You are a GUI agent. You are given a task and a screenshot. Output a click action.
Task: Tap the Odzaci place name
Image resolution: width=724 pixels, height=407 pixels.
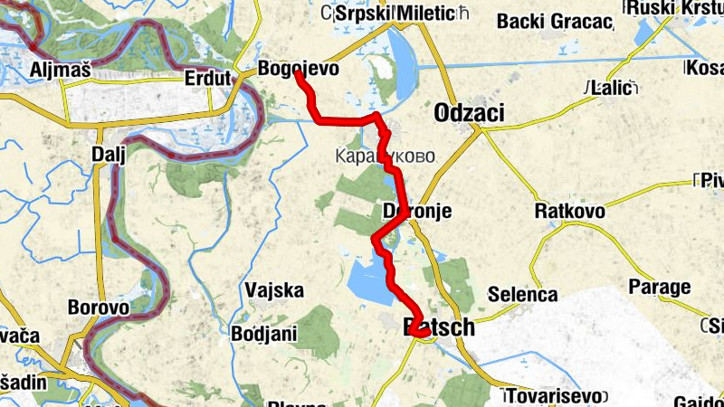click(469, 112)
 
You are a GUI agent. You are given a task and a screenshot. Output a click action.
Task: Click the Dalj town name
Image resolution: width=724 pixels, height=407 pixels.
click(107, 154)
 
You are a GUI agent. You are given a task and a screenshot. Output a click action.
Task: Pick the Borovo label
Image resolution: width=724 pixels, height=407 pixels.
click(98, 307)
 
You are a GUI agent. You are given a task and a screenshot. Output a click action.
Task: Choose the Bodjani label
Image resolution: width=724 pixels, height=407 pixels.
click(264, 333)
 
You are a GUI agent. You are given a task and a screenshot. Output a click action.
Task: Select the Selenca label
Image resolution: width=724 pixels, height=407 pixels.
click(522, 294)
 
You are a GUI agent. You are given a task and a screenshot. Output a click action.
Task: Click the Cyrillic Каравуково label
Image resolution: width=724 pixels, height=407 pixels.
click(385, 155)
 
